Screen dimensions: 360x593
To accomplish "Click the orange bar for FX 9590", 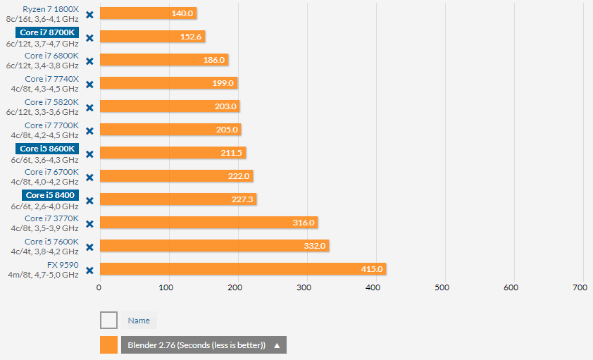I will click(243, 268).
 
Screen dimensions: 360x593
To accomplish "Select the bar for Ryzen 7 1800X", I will click(148, 13).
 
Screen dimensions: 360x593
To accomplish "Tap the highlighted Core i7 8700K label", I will click(46, 32).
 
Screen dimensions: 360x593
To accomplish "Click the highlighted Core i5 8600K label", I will click(46, 149).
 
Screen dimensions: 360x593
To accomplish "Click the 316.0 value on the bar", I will click(304, 223).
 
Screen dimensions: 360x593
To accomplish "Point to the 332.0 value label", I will click(315, 246).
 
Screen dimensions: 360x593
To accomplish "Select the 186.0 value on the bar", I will click(213, 60).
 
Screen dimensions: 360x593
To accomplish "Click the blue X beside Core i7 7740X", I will click(89, 85).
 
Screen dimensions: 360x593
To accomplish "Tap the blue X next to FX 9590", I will click(89, 271).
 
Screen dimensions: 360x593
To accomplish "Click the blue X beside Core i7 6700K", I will click(89, 178).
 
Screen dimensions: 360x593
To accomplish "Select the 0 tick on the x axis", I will click(99, 287).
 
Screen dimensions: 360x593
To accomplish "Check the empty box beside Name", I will click(108, 321).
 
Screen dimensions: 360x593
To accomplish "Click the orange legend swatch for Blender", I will click(108, 345).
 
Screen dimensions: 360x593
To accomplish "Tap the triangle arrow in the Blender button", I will click(277, 345).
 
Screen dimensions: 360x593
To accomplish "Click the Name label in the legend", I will click(139, 321).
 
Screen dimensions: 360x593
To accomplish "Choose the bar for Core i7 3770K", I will click(208, 223).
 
